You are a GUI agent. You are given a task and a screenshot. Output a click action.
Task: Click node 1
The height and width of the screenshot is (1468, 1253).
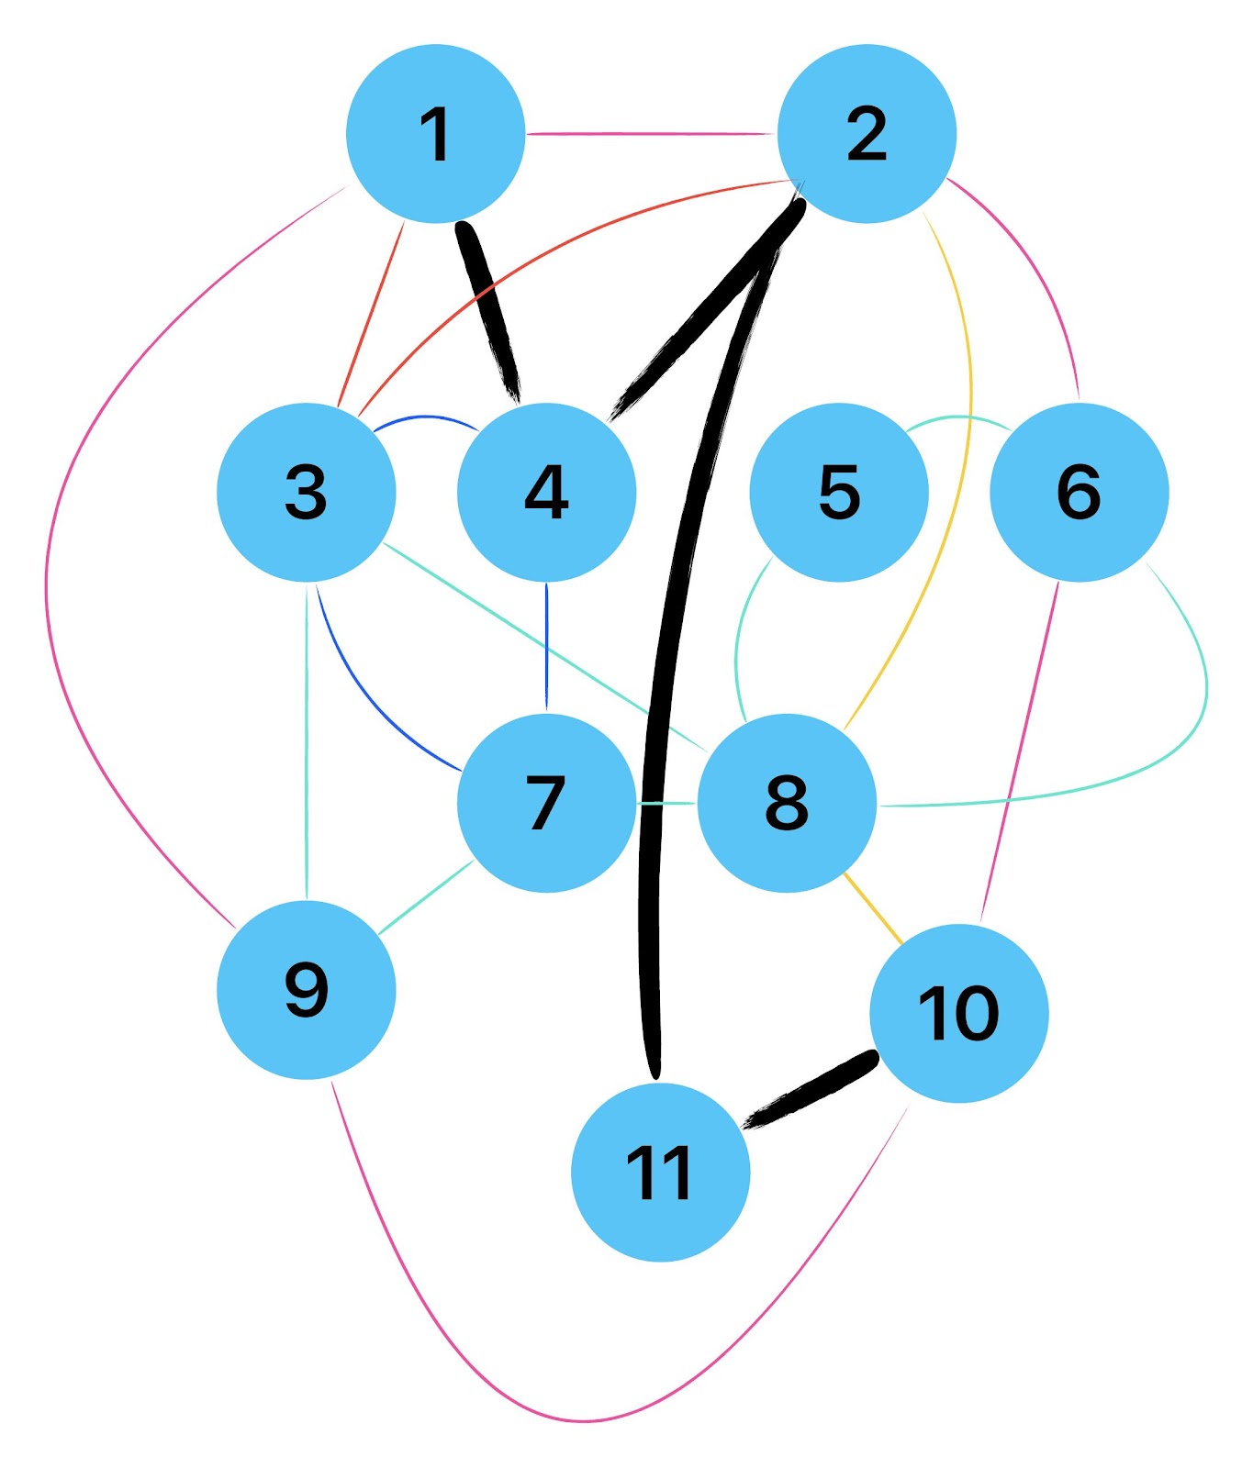click(435, 134)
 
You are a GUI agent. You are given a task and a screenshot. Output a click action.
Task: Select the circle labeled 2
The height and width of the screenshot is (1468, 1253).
click(867, 134)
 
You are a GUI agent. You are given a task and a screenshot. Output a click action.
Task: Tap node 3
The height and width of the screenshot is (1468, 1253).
click(307, 492)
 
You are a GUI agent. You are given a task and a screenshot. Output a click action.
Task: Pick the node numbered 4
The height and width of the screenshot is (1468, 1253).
click(546, 492)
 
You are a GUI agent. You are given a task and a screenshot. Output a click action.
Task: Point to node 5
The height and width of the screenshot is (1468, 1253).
click(839, 492)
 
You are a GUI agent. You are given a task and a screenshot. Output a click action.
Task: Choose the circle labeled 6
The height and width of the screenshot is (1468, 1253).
click(1079, 492)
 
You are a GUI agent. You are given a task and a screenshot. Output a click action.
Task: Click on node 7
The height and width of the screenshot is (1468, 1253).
click(546, 803)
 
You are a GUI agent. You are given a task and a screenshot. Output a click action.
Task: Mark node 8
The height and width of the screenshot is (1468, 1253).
click(787, 803)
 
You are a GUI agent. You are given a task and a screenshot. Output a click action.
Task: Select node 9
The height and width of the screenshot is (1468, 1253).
click(307, 990)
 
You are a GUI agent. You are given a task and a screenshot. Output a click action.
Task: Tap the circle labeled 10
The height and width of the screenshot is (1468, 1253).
click(958, 1013)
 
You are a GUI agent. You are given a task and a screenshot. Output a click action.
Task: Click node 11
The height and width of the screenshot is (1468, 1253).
click(660, 1173)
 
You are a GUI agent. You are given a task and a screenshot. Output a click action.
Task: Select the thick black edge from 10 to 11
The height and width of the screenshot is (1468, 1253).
click(810, 1090)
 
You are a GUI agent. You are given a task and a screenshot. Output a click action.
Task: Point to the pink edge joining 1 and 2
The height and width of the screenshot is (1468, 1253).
click(652, 134)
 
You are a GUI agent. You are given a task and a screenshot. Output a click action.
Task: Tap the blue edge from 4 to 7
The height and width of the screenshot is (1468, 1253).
click(546, 647)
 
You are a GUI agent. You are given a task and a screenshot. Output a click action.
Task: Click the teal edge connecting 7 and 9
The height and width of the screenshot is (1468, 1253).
click(426, 898)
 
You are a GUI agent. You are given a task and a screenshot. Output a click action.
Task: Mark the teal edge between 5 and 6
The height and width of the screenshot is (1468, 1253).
click(958, 418)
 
